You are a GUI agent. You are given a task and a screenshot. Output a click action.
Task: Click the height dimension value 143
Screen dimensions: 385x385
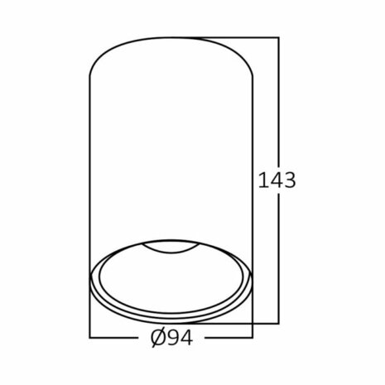pyautogui.click(x=277, y=180)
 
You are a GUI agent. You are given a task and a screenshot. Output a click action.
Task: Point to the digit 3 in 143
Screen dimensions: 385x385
pyautogui.click(x=289, y=180)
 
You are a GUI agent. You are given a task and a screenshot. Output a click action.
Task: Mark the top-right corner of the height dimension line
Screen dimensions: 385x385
pyautogui.click(x=279, y=37)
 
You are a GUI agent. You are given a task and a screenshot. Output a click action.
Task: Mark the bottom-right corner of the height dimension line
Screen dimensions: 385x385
pyautogui.click(x=279, y=324)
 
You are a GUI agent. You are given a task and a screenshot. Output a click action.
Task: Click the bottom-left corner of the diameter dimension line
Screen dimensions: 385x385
pyautogui.click(x=89, y=339)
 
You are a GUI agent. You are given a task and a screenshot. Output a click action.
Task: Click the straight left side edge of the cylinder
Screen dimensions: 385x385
pyautogui.click(x=89, y=166)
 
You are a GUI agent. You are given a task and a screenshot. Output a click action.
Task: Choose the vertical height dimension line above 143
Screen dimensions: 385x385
pyautogui.click(x=279, y=99)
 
